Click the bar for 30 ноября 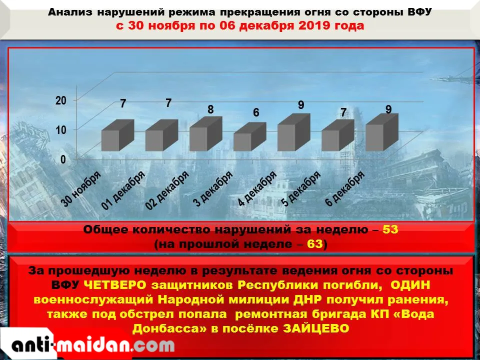[x=118, y=135]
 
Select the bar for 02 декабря [x=206, y=134]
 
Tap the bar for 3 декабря [x=250, y=137]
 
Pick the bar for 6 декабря [x=382, y=132]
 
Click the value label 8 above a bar [x=210, y=109]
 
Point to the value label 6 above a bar [x=256, y=112]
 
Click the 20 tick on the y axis [x=61, y=100]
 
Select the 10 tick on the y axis [x=61, y=130]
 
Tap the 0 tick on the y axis [x=63, y=159]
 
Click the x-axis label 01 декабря [x=123, y=190]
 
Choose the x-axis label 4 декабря [x=257, y=188]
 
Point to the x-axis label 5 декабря [x=301, y=188]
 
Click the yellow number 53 [x=390, y=229]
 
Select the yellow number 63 [x=315, y=244]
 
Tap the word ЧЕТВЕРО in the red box [x=115, y=285]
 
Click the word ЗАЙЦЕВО [x=316, y=328]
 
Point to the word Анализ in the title [x=70, y=12]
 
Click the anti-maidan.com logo [x=93, y=345]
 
